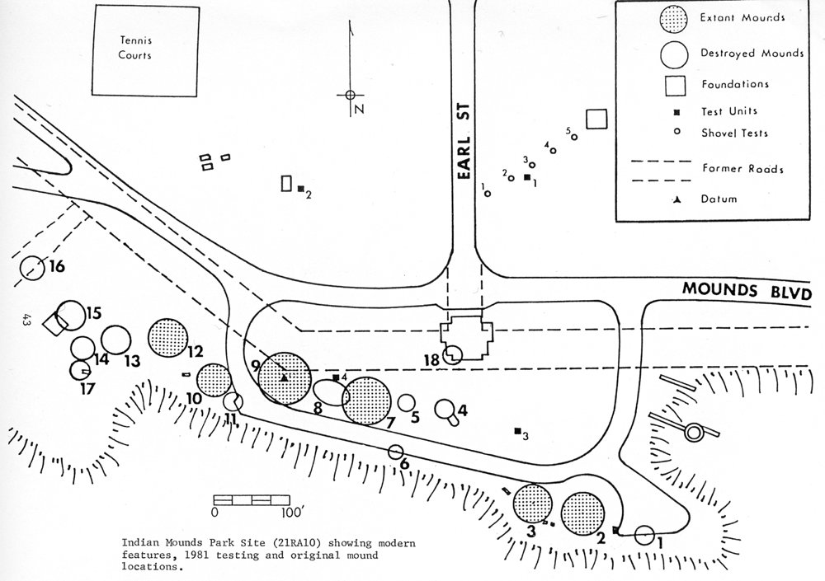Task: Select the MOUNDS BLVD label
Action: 747,293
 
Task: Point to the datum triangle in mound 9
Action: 284,377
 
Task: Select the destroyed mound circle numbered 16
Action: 31,269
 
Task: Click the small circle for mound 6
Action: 395,451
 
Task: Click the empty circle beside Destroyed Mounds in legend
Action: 676,54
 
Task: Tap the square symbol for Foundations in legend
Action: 676,85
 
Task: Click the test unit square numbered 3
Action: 517,430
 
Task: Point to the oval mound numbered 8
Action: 329,393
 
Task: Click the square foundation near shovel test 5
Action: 596,119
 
